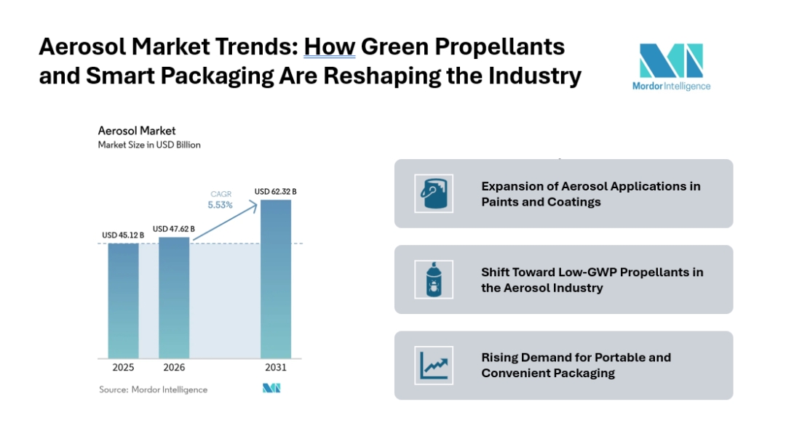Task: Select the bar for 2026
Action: coord(174,298)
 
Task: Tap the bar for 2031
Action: coord(276,279)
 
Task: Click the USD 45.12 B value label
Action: coord(123,235)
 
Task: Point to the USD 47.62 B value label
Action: coord(174,228)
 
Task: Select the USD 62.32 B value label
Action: coord(275,191)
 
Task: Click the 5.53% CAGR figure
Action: coord(220,205)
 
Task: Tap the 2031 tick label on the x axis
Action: coord(276,368)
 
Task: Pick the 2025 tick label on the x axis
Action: coord(123,368)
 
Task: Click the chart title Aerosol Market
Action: coord(137,131)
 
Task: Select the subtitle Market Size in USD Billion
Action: coord(149,145)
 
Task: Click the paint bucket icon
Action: coord(434,193)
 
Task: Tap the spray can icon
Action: coord(434,279)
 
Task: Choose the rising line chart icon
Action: coord(434,365)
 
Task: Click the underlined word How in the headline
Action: coord(329,47)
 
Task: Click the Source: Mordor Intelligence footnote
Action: coord(153,390)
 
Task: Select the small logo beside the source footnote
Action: coord(271,389)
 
